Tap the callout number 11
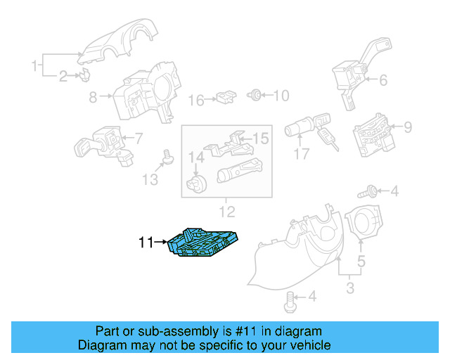(146, 243)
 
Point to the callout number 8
(93, 98)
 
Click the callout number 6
(383, 80)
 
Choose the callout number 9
(407, 127)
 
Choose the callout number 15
(261, 139)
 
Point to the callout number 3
(349, 288)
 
